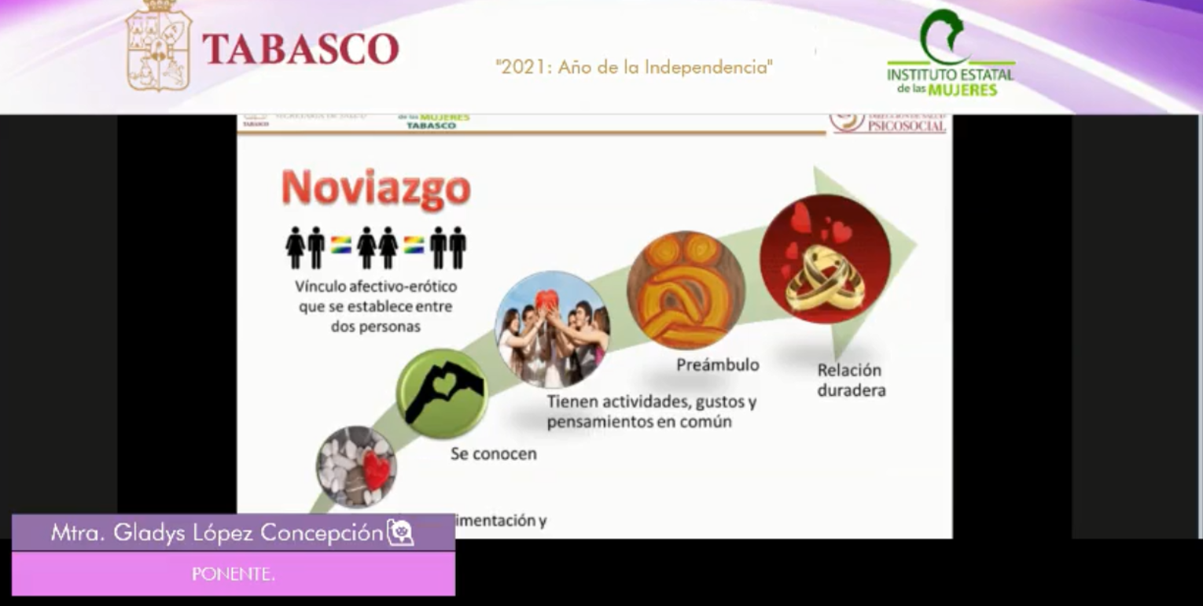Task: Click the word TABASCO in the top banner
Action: pyautogui.click(x=300, y=49)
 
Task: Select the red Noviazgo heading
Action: pyautogui.click(x=376, y=189)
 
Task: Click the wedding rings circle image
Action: pyautogui.click(x=825, y=259)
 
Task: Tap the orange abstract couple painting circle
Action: pyautogui.click(x=686, y=290)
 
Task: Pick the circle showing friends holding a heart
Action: pyautogui.click(x=552, y=329)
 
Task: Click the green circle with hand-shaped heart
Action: pyautogui.click(x=442, y=393)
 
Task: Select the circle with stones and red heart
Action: pyautogui.click(x=356, y=467)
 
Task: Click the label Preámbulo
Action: pyautogui.click(x=718, y=365)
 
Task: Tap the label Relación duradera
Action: pyautogui.click(x=850, y=380)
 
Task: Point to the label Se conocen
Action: pyautogui.click(x=494, y=454)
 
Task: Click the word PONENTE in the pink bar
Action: pyautogui.click(x=234, y=574)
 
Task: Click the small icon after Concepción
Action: pyautogui.click(x=400, y=533)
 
